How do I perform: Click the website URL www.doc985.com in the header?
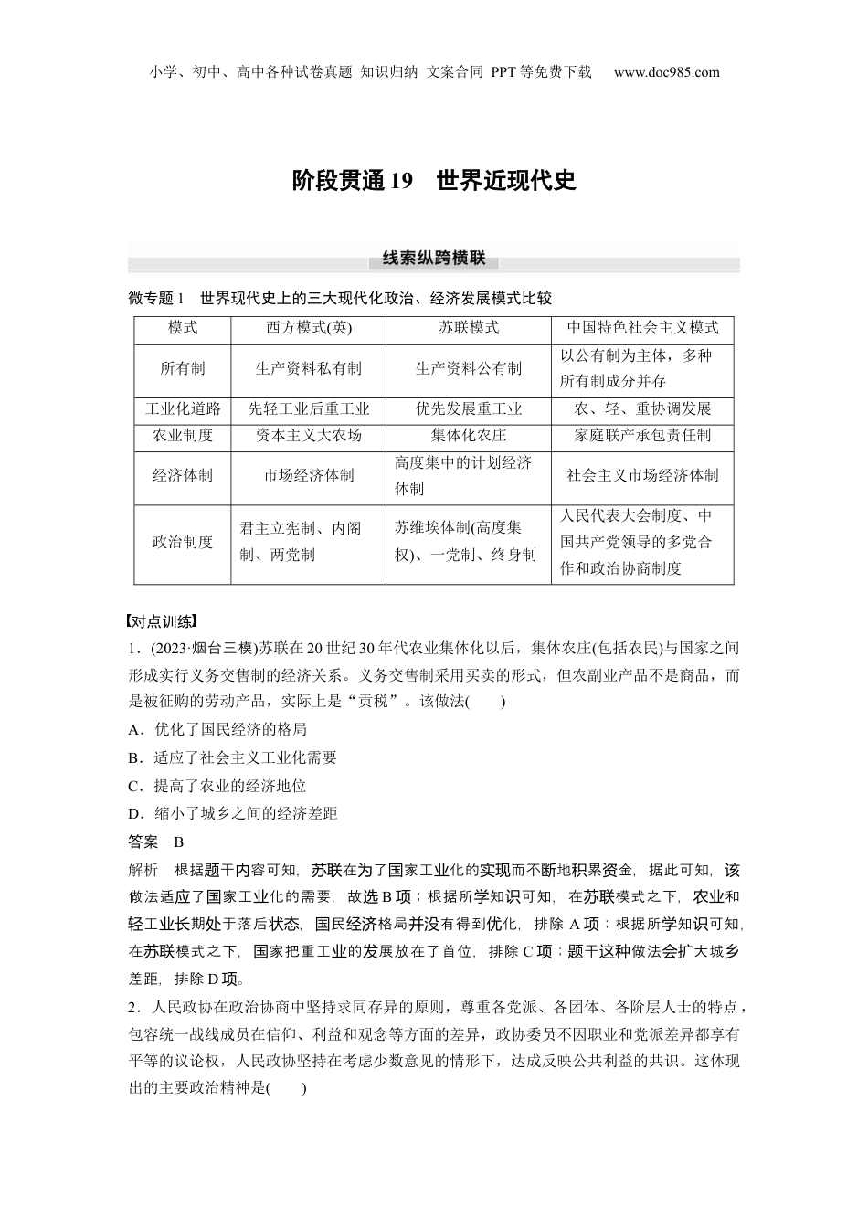pos(666,72)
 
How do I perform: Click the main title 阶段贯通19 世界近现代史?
pos(434,180)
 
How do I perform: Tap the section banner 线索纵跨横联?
pos(434,259)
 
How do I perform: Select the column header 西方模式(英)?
pos(308,328)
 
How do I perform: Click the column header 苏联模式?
pos(468,328)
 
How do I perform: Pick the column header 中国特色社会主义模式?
pos(642,328)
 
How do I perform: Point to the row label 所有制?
pos(182,368)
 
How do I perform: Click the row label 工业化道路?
pos(182,408)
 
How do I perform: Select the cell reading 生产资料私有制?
pos(308,368)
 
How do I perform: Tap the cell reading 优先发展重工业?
pos(468,408)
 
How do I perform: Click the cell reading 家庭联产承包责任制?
pos(642,435)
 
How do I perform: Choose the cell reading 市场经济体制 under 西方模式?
pos(308,475)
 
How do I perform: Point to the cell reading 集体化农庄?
pos(468,435)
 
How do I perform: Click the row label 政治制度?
pos(182,542)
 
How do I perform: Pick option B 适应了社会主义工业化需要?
pos(233,757)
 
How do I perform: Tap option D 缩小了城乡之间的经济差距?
pos(233,813)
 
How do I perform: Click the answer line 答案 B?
pos(156,842)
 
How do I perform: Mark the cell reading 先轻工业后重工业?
pos(308,408)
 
